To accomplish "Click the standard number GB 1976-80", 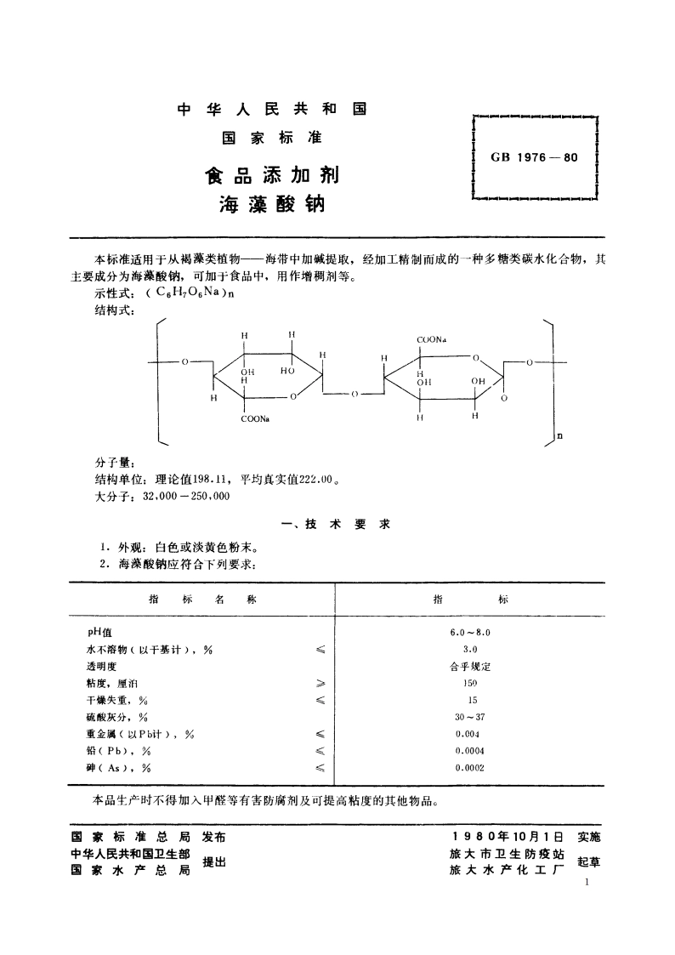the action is click(534, 157).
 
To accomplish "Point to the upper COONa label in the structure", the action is click(433, 340).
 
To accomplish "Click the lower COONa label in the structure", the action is click(254, 418).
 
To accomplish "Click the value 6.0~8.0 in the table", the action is click(470, 633).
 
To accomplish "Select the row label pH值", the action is click(88, 633).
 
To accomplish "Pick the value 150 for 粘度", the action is click(470, 683).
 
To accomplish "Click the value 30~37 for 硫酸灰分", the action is click(470, 717).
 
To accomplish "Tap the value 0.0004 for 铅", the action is click(470, 751).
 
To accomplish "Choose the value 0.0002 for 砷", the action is click(470, 768).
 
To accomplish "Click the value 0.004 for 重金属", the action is click(470, 734).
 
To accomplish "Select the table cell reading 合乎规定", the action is click(470, 667).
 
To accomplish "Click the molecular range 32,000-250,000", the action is click(187, 496).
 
